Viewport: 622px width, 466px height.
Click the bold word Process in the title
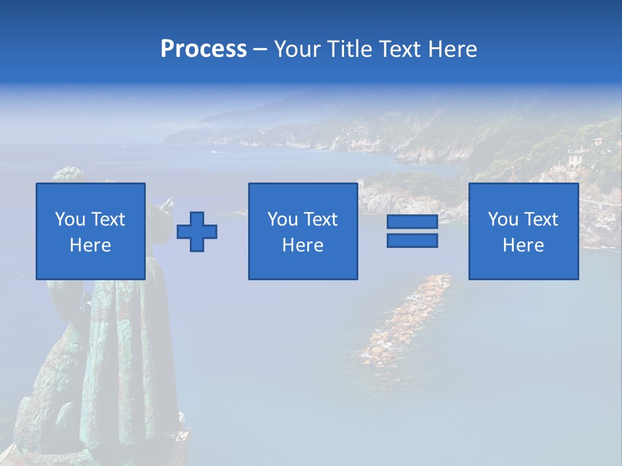(203, 49)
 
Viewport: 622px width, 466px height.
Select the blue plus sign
(197, 232)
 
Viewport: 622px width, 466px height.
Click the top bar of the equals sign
(412, 222)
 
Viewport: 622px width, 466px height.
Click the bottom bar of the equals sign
(412, 240)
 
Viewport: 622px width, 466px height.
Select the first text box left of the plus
(91, 231)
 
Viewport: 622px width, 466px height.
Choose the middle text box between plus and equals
(303, 231)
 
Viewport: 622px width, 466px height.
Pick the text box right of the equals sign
(524, 231)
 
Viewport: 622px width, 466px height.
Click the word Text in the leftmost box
(108, 219)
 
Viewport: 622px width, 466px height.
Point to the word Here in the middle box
(303, 245)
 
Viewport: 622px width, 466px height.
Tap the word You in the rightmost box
(503, 219)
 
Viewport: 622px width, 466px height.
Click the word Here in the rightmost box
(524, 245)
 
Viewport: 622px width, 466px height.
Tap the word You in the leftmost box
(71, 219)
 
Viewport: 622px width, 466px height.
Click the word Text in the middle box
(321, 219)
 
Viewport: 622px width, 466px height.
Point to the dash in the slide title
(260, 49)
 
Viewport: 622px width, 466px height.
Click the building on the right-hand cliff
(575, 158)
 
